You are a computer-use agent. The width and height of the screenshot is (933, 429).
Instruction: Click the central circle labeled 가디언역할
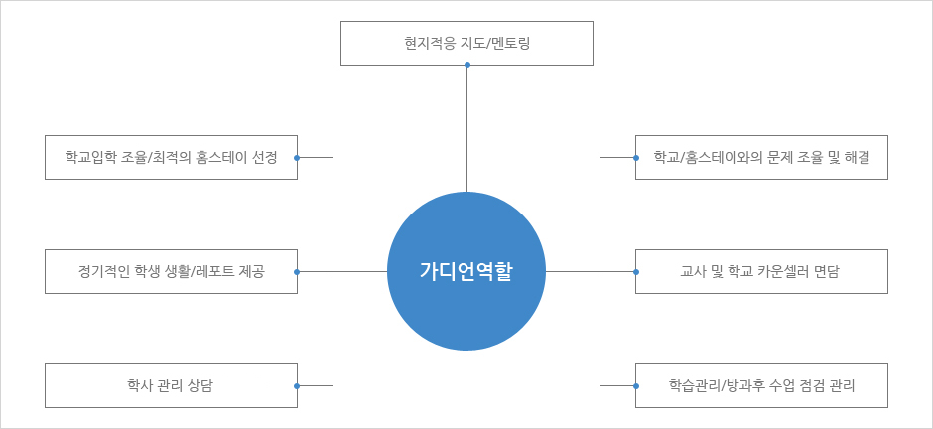[x=466, y=271]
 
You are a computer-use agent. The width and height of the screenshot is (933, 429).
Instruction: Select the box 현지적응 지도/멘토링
[x=466, y=43]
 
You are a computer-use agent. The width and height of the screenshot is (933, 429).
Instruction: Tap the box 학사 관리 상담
[x=171, y=385]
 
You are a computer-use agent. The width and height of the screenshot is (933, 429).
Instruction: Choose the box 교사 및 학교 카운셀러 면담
[x=761, y=271]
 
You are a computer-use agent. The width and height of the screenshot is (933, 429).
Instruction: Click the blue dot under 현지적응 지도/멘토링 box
[x=467, y=65]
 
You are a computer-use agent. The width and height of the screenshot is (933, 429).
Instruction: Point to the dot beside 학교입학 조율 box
[x=297, y=158]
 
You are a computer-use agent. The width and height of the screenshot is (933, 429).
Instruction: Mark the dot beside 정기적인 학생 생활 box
[x=297, y=272]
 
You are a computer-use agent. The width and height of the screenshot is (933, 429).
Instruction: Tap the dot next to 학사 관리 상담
[x=297, y=386]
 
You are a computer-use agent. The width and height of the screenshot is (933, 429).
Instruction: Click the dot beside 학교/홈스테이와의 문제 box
[x=636, y=158]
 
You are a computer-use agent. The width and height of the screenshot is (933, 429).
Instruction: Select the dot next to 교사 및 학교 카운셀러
[x=636, y=272]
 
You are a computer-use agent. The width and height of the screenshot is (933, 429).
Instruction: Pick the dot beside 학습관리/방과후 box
[x=636, y=386]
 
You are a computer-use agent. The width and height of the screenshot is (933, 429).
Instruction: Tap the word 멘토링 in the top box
[x=512, y=44]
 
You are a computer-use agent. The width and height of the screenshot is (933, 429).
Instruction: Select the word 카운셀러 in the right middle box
[x=796, y=272]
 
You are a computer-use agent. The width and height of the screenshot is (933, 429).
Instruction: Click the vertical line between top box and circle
[x=467, y=128]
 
